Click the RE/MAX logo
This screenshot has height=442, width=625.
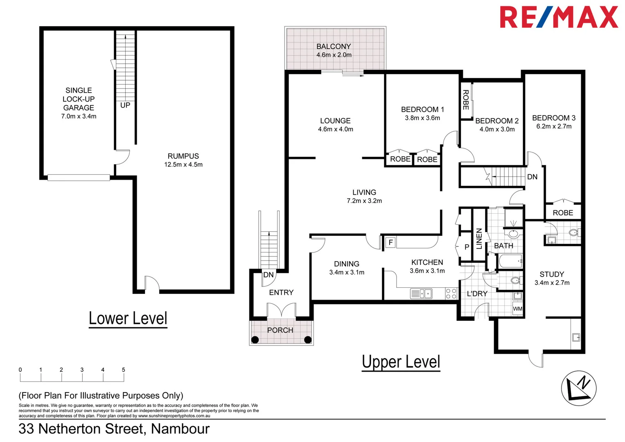[x=558, y=17]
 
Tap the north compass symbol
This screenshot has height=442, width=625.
[x=578, y=388]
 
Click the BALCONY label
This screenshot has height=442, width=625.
[x=334, y=47]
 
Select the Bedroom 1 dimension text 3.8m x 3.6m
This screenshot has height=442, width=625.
[x=422, y=118]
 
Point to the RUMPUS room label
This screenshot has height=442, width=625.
[x=183, y=156]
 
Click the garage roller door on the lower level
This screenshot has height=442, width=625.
[x=79, y=178]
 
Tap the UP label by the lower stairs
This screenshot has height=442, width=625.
[x=125, y=105]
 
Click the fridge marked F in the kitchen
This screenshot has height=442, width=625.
[x=390, y=242]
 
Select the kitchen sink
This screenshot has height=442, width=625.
[x=421, y=293]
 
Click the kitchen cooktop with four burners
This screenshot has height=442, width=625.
[x=451, y=293]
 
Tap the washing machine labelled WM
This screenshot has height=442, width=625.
[x=517, y=309]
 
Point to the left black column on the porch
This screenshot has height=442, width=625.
[x=255, y=339]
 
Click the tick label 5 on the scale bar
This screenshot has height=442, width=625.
[x=123, y=370]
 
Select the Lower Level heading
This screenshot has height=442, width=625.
[x=128, y=318]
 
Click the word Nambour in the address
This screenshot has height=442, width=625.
[x=180, y=428]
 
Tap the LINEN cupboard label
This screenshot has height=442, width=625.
[x=479, y=239]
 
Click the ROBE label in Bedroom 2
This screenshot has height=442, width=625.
[x=465, y=100]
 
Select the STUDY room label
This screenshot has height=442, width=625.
[x=552, y=274]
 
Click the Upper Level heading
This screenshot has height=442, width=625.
[x=401, y=362]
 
